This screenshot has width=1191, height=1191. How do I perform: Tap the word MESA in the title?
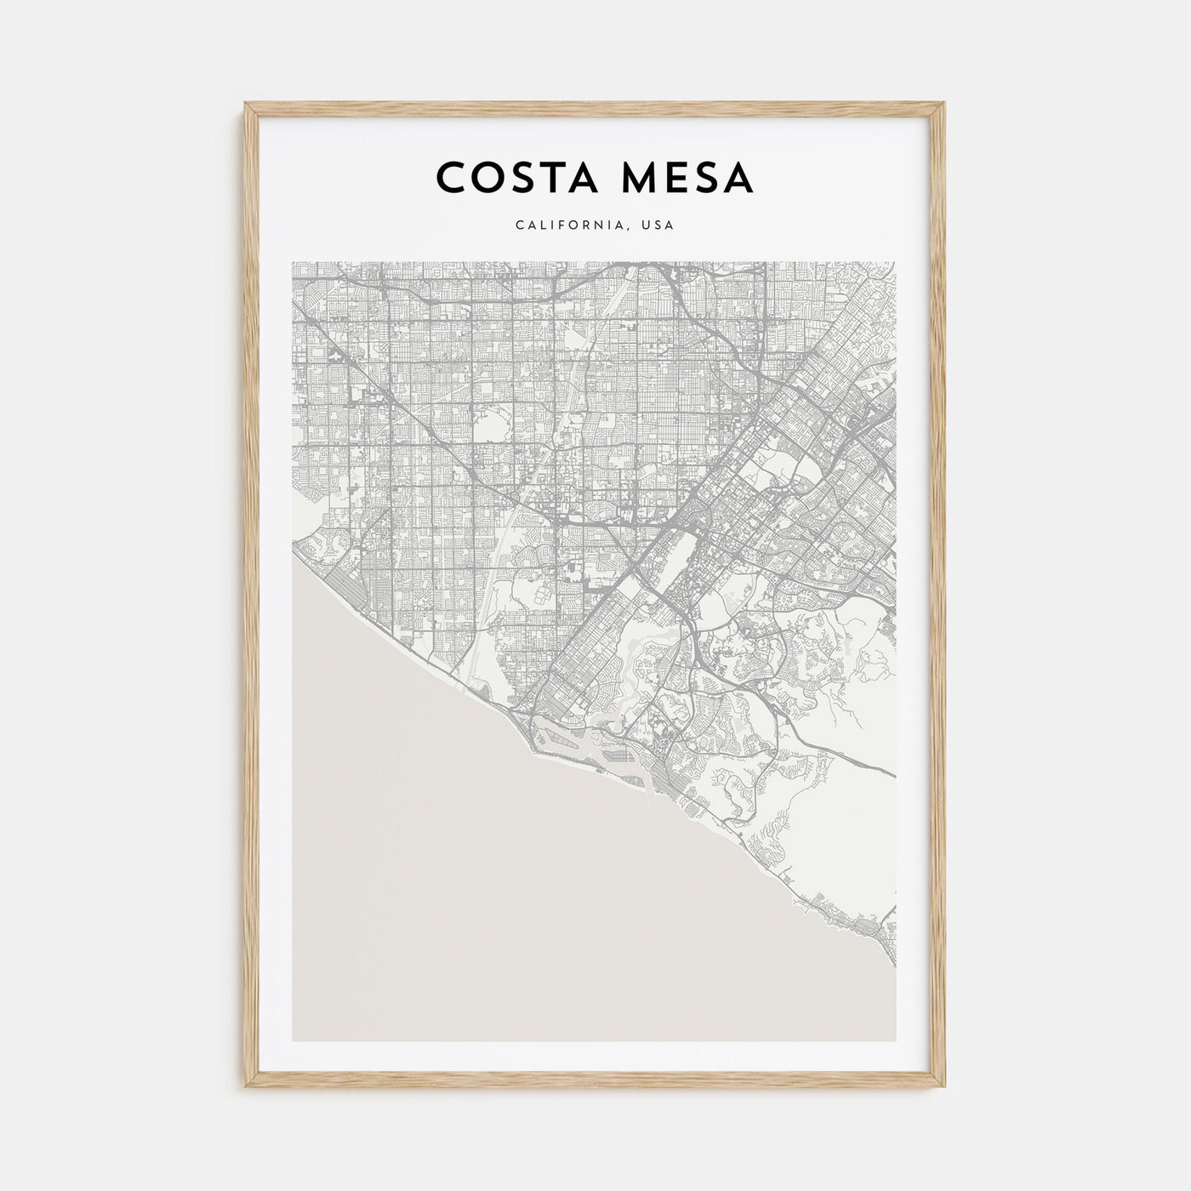click(684, 178)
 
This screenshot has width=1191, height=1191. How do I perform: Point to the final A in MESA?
click(738, 178)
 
